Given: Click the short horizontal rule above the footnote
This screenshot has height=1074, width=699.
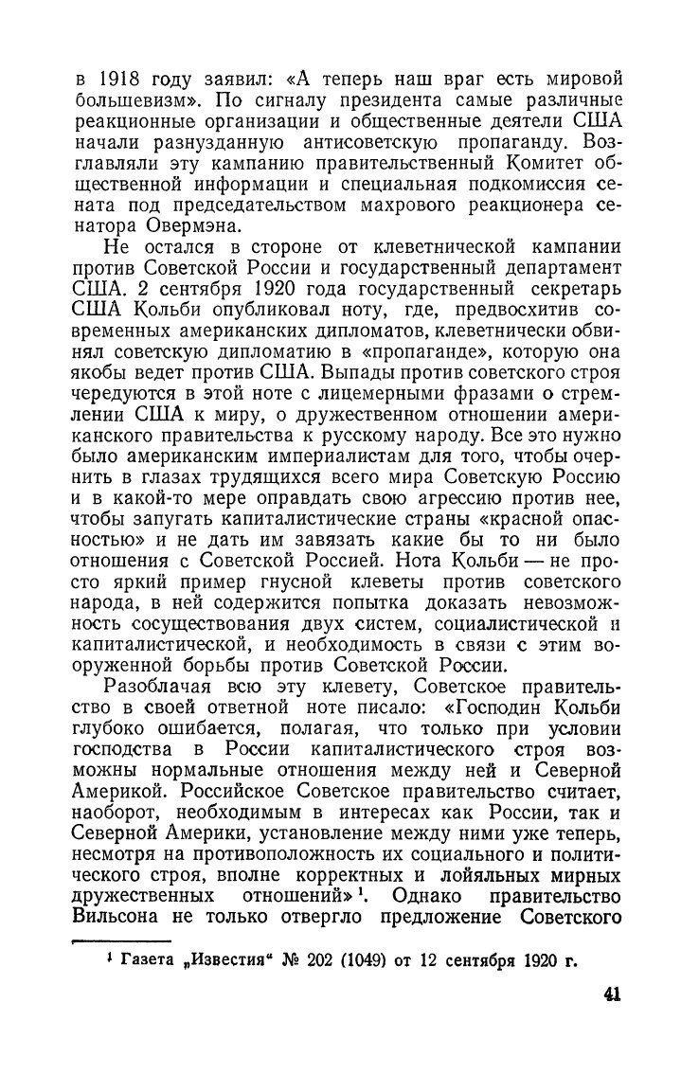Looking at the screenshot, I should click(x=121, y=940).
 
